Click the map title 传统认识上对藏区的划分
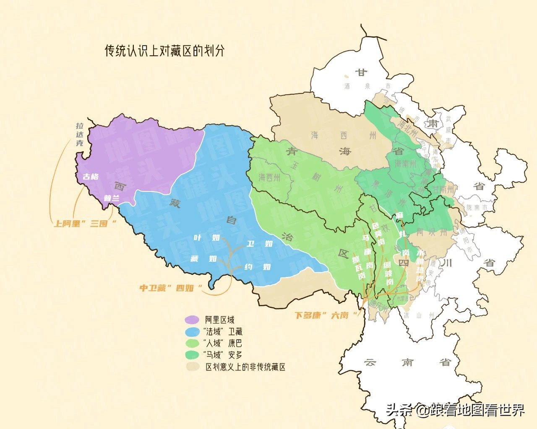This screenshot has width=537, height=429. point(164,51)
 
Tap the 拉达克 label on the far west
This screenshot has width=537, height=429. point(80,134)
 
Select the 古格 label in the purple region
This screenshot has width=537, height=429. point(90,176)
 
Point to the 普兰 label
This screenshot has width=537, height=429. point(112,198)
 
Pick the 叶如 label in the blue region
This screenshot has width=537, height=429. point(206,238)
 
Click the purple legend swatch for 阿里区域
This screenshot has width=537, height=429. point(192,320)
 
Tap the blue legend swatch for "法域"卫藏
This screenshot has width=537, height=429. point(192,332)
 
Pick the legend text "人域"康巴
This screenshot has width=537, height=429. point(222,344)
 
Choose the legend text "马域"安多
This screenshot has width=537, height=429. point(222,355)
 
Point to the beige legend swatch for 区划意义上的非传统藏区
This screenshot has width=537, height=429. point(192,367)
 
